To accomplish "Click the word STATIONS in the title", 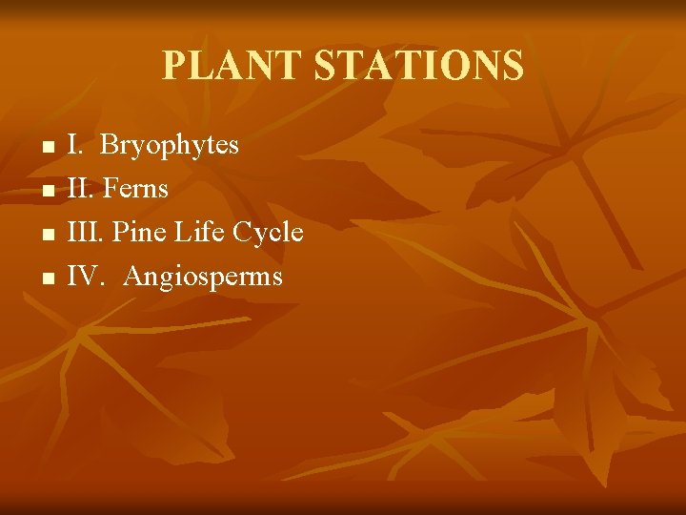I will (418, 66).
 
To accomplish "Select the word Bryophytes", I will (169, 146).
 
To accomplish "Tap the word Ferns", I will (135, 189).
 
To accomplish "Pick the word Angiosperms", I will (203, 278).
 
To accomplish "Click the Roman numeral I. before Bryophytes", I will (76, 145).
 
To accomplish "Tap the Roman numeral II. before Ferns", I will (81, 189).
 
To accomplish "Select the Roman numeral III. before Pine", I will (87, 233).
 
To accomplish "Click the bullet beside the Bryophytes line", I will (46, 149).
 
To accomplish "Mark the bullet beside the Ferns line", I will (46, 193).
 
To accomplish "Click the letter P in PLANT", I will (173, 66).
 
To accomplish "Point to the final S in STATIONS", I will (513, 66).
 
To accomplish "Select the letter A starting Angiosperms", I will (133, 277).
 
